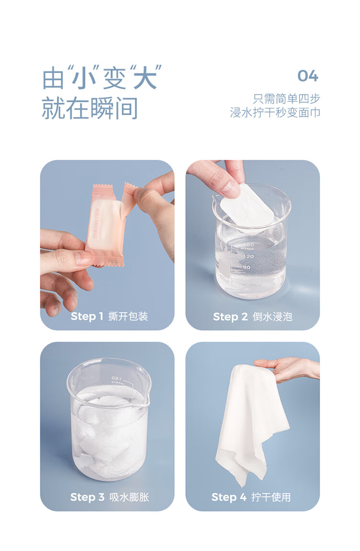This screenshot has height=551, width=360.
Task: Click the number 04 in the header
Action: tap(308, 76)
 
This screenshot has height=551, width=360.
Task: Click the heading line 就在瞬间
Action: tap(90, 108)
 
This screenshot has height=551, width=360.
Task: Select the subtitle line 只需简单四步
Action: tap(287, 99)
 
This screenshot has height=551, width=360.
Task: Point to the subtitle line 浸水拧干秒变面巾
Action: tap(275, 112)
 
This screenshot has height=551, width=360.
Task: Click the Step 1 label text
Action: tap(87, 316)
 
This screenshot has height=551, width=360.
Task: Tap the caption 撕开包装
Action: tap(128, 316)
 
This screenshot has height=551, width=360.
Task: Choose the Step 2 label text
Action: tap(230, 317)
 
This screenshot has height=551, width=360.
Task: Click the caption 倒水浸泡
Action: tap(273, 317)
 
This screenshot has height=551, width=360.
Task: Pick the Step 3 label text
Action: tap(87, 497)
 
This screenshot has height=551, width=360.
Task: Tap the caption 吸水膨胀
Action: tap(129, 497)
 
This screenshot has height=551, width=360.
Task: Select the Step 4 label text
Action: tap(229, 497)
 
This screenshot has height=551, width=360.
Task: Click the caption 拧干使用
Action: tap(271, 497)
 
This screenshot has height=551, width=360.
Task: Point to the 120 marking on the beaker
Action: tap(249, 256)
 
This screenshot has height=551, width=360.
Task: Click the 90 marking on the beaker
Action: tap(246, 267)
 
